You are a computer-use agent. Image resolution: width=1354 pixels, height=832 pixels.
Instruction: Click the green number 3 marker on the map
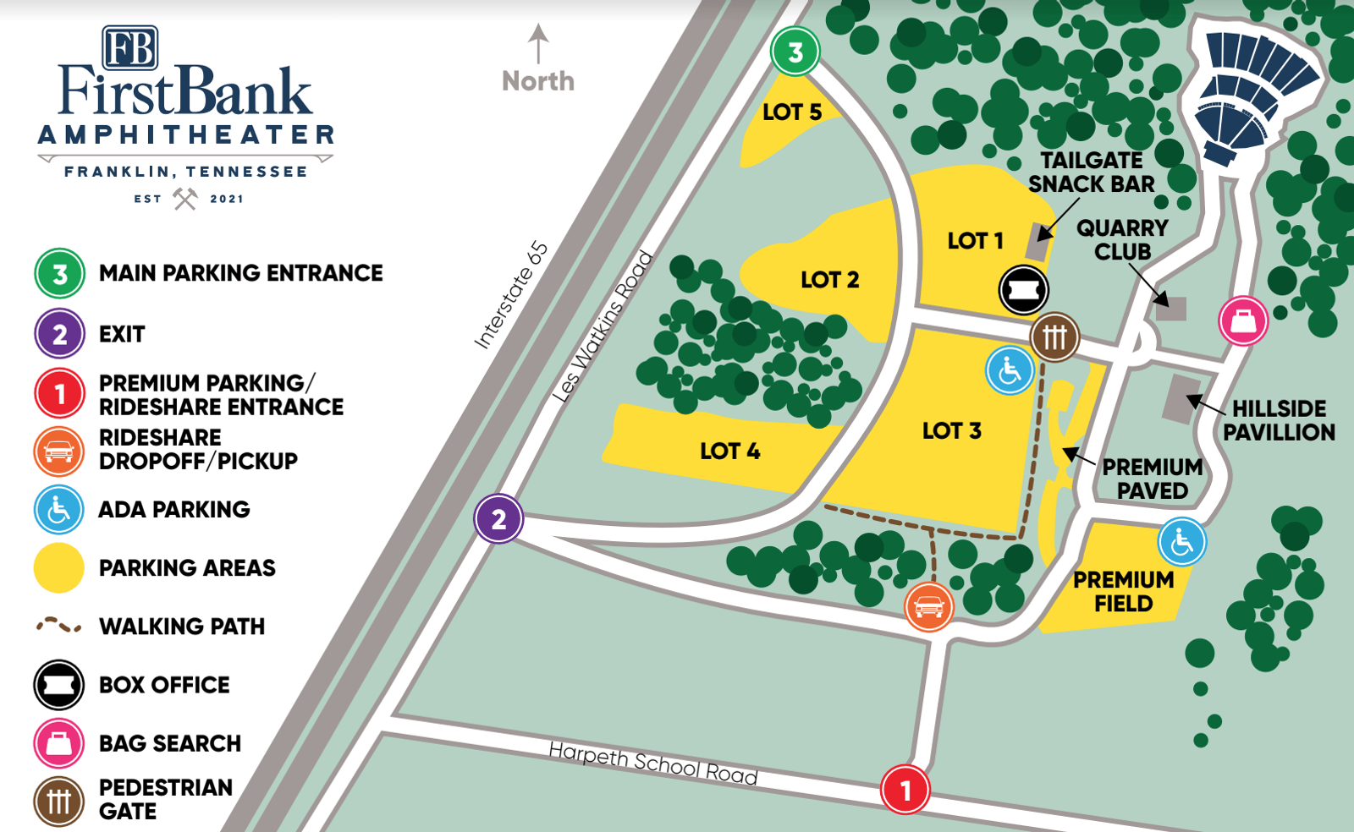795,52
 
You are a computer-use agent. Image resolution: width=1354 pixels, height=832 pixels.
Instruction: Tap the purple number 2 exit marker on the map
498,518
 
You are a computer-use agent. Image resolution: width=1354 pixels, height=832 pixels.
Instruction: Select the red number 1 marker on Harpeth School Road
905,790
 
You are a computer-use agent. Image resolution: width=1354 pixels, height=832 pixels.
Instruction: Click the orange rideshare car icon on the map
928,606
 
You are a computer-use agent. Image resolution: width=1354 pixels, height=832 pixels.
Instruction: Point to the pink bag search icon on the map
1243,320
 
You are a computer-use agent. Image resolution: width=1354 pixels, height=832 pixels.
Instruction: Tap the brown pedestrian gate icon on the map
1054,337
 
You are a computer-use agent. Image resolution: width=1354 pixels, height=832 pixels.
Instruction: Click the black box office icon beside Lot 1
1023,290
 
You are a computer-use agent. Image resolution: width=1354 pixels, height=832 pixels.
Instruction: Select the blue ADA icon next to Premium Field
1181,542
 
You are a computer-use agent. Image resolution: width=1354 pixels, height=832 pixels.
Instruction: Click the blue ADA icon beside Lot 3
1010,370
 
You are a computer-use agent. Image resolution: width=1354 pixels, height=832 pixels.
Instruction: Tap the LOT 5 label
791,112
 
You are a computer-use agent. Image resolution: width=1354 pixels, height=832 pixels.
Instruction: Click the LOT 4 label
729,451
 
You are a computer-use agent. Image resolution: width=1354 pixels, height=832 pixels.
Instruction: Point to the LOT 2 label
829,280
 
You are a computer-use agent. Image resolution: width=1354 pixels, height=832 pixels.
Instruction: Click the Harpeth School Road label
652,763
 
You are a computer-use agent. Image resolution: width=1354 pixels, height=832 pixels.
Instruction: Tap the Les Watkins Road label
603,326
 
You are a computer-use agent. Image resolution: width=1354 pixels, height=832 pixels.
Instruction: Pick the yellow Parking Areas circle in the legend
58,568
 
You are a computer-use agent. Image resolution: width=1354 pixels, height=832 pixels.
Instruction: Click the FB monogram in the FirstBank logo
130,47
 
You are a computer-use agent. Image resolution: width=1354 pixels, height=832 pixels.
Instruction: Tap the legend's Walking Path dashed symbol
58,626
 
